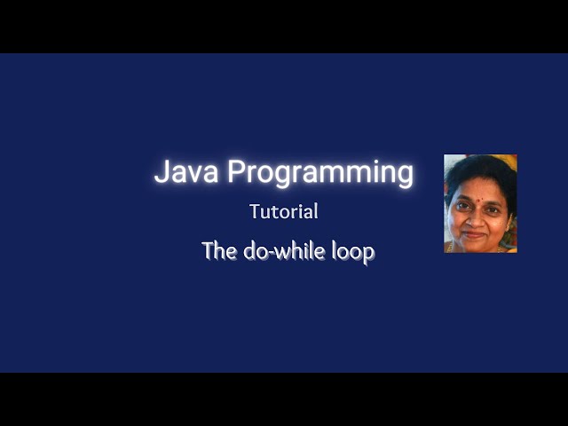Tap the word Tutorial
tap(284, 212)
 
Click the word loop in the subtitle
tap(353, 252)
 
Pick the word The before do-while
tap(217, 250)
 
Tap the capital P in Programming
tap(236, 171)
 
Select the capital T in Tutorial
tap(255, 212)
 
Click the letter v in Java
tap(195, 174)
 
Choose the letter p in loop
tap(367, 254)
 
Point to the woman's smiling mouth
tap(474, 234)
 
